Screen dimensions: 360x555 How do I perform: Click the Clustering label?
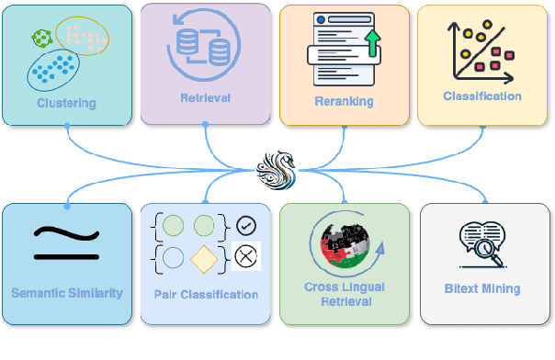tap(66, 103)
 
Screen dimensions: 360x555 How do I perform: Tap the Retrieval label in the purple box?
tap(205, 96)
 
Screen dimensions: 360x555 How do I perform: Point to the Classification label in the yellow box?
tap(481, 96)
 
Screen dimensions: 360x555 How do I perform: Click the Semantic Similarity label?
tap(66, 294)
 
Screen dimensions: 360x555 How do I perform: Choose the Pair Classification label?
tap(205, 295)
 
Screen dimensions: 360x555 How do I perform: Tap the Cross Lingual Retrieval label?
tap(344, 294)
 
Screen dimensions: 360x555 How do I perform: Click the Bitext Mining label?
tap(481, 288)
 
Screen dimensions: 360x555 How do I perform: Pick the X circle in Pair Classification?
tap(245, 255)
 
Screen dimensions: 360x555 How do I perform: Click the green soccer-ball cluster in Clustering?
tap(40, 38)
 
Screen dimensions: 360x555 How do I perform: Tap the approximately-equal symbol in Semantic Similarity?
tap(66, 242)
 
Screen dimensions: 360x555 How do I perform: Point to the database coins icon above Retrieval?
tap(205, 46)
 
